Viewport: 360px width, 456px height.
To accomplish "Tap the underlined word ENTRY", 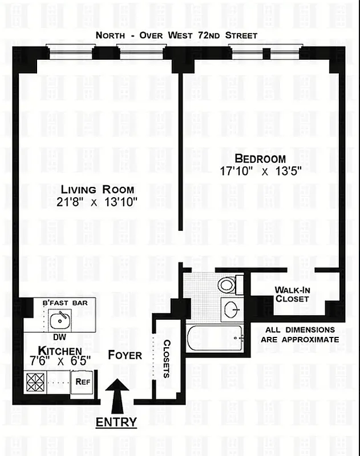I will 116,422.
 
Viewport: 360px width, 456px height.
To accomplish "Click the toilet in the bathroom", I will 228,284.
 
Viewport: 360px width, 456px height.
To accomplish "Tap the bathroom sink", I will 232,310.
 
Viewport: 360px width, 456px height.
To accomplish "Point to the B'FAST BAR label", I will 65,303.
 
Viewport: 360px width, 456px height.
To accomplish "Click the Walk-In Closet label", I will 292,294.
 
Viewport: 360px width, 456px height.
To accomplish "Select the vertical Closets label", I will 167,359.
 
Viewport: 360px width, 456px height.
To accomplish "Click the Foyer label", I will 124,355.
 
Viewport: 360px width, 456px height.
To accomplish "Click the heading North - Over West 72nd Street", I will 176,35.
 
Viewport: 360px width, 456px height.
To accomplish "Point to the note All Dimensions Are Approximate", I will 300,335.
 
